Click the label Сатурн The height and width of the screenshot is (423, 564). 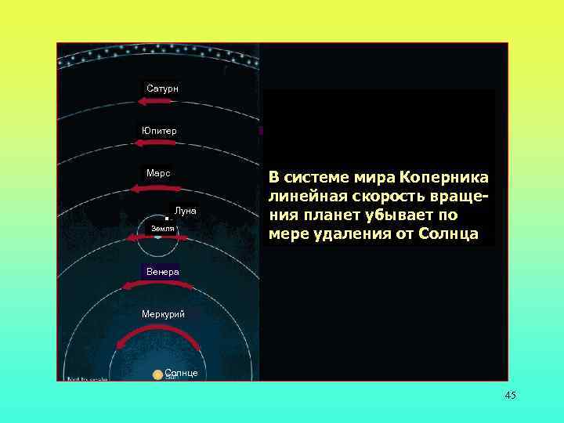[x=162, y=89]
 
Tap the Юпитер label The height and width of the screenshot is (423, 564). [x=159, y=130]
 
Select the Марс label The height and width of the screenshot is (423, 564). [x=159, y=172]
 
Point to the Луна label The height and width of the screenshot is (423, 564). [x=186, y=211]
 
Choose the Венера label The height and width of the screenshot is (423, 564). [x=161, y=271]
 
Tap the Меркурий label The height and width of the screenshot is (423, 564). [x=163, y=314]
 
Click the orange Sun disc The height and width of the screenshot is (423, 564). [x=158, y=375]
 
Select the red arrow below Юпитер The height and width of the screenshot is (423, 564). [x=159, y=143]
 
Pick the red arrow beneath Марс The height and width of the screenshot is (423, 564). [x=157, y=189]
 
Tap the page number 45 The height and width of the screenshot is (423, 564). [x=511, y=395]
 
